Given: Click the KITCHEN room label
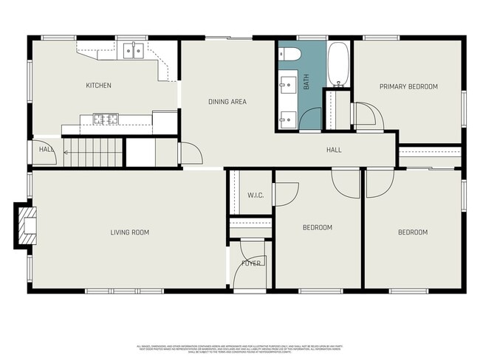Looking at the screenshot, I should tap(98, 86).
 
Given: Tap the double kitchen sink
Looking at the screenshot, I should tap(134, 50).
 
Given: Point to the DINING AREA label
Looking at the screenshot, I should tap(227, 102).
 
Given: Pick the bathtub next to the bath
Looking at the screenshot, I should tap(338, 64).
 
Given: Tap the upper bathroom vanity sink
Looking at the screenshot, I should tap(287, 86).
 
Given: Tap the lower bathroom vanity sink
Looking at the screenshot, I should tap(287, 117).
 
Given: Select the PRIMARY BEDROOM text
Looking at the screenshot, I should tap(408, 86).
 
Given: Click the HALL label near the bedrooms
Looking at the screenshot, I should tap(334, 150).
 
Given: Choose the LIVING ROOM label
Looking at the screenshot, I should tap(129, 233).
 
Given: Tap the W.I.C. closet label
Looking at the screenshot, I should tap(256, 195).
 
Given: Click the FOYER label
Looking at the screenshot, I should tap(251, 263).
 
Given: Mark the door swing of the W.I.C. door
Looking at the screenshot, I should tap(287, 193).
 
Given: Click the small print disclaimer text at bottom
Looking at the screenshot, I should tap(240, 347).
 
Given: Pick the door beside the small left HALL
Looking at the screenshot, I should tap(45, 143).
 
